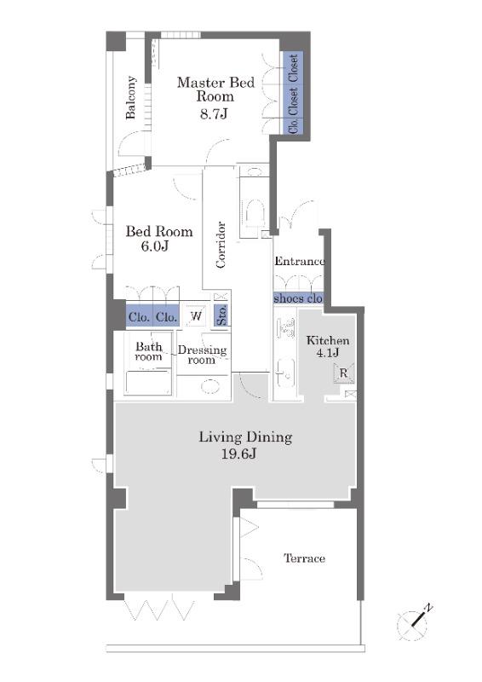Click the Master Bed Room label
215,89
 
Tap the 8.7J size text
214,114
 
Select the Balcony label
131,97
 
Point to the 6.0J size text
154,246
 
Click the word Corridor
221,245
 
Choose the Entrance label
300,261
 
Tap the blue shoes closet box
298,298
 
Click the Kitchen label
328,340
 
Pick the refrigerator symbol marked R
343,373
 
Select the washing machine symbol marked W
196,315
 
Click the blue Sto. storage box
221,315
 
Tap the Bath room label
149,351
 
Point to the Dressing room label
202,355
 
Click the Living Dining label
245,436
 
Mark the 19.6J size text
239,454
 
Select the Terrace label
304,558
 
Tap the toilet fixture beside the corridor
253,212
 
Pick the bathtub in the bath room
148,382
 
